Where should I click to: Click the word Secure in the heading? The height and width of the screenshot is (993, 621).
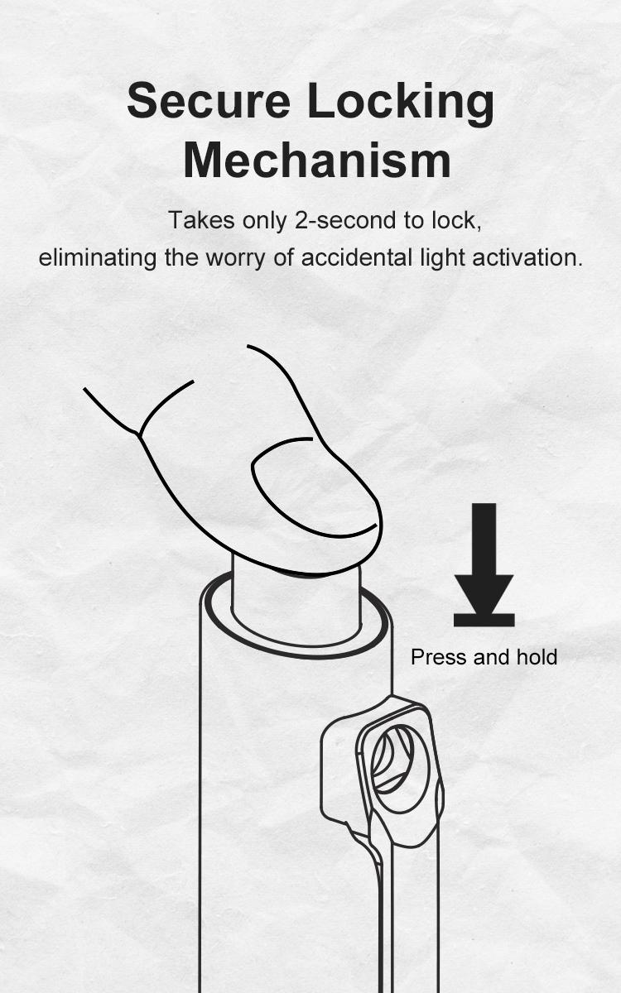point(209,101)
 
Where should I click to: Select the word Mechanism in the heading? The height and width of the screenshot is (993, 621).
point(317,160)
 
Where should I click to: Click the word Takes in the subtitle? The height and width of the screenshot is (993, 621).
point(201,220)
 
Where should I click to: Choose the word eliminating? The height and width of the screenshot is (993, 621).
point(97,257)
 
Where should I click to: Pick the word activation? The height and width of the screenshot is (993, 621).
point(527,257)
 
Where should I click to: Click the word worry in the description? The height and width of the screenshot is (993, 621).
point(235,258)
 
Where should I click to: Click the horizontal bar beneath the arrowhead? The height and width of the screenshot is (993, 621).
point(484,620)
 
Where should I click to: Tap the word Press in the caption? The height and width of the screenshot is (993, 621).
point(438,657)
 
